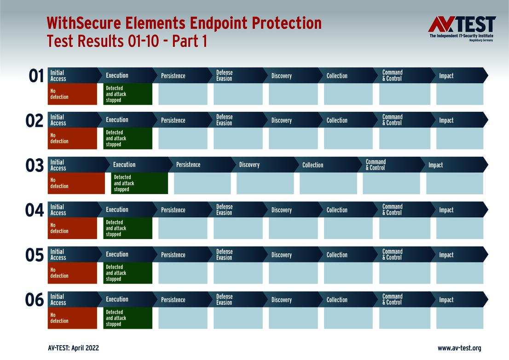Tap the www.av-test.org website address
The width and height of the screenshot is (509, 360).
tap(459, 348)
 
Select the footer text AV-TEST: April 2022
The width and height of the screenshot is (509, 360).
tap(73, 348)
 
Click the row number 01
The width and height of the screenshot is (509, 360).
tap(36, 76)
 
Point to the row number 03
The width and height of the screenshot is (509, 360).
tap(35, 165)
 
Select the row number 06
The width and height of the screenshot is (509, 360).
tap(35, 300)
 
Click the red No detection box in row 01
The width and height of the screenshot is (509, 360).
tap(72, 94)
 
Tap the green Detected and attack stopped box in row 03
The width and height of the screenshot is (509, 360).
tap(139, 183)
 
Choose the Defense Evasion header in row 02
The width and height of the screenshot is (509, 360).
tap(225, 120)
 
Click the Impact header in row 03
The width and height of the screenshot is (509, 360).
tap(436, 165)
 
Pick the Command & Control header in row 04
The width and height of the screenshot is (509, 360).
tap(393, 210)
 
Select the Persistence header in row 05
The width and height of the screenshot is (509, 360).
tap(173, 255)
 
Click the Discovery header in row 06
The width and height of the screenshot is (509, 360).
tap(282, 300)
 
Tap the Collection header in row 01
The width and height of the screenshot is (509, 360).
tap(337, 76)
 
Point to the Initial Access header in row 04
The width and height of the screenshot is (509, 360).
tap(58, 210)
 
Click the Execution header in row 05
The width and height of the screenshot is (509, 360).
tap(117, 254)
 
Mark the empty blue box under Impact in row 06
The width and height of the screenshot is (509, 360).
tap(459, 318)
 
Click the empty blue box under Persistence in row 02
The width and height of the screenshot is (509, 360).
tap(183, 139)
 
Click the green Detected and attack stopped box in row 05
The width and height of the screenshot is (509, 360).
tap(127, 273)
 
